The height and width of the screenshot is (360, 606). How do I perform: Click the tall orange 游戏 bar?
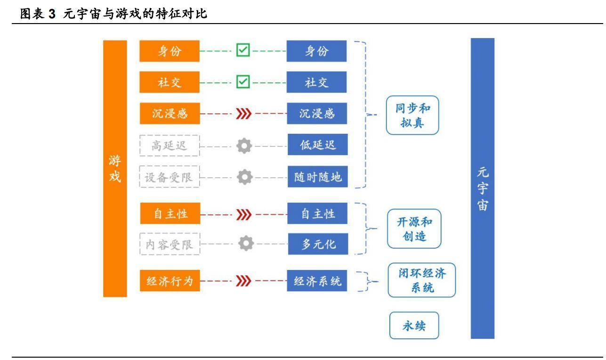(114, 168)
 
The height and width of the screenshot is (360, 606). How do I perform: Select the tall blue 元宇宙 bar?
(482, 188)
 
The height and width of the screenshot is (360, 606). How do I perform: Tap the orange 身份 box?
(169, 51)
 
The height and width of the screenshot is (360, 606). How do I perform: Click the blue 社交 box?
(316, 82)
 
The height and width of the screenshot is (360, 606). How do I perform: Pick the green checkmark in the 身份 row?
(243, 51)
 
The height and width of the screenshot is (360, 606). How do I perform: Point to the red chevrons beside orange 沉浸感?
(243, 115)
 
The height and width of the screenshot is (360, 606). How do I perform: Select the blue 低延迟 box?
(316, 146)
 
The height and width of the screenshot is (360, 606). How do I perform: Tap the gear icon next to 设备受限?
(244, 178)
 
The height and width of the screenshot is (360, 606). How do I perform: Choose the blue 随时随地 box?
(316, 177)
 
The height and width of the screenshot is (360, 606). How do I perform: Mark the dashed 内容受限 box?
(169, 244)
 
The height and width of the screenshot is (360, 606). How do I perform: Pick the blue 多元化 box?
(316, 244)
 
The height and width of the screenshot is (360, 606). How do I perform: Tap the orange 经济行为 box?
(169, 282)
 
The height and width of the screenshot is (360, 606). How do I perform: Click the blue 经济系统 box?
(316, 282)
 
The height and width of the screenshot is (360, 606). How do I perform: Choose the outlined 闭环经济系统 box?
(421, 280)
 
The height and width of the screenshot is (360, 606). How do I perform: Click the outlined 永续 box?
(414, 325)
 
